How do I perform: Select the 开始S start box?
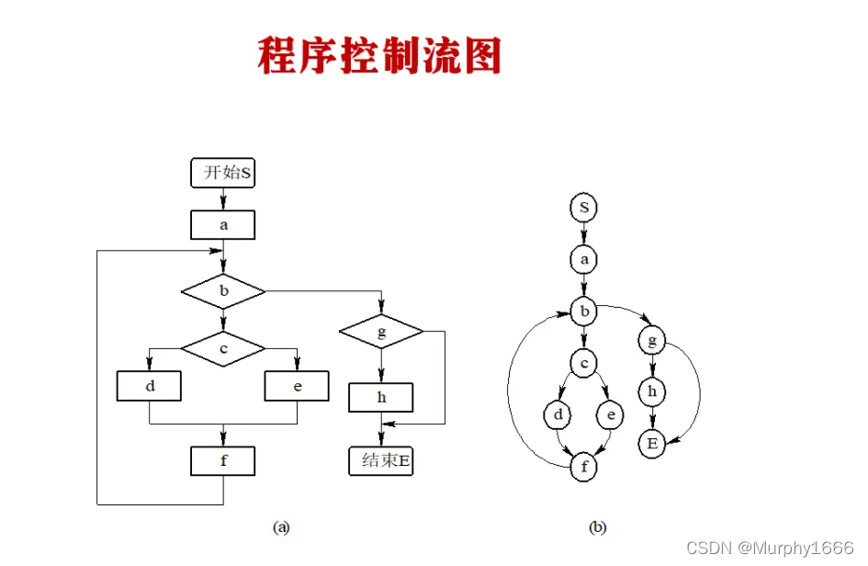pyautogui.click(x=222, y=173)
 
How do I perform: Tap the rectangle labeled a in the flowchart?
pyautogui.click(x=222, y=225)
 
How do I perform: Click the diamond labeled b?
pyautogui.click(x=223, y=292)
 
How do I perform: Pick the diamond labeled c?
pyautogui.click(x=223, y=348)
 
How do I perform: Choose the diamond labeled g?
pyautogui.click(x=381, y=332)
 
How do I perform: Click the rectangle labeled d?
pyautogui.click(x=149, y=387)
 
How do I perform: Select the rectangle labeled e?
pyautogui.click(x=297, y=387)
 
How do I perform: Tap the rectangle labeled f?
pyautogui.click(x=223, y=461)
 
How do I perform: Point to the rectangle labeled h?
pyautogui.click(x=381, y=397)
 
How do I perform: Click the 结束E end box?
pyautogui.click(x=381, y=461)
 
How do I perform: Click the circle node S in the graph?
pyautogui.click(x=583, y=208)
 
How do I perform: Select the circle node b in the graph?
pyautogui.click(x=583, y=312)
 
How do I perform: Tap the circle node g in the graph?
pyautogui.click(x=652, y=342)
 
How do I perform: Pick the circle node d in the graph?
pyautogui.click(x=558, y=416)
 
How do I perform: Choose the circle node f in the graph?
pyautogui.click(x=583, y=468)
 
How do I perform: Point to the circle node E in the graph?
pyautogui.click(x=652, y=445)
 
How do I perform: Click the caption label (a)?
pyautogui.click(x=282, y=527)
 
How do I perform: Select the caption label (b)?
pyautogui.click(x=598, y=527)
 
